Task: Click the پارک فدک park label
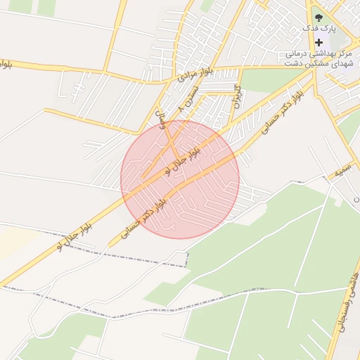click(320, 28)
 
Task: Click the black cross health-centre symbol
click(319, 42)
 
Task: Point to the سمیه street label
click(344, 170)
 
